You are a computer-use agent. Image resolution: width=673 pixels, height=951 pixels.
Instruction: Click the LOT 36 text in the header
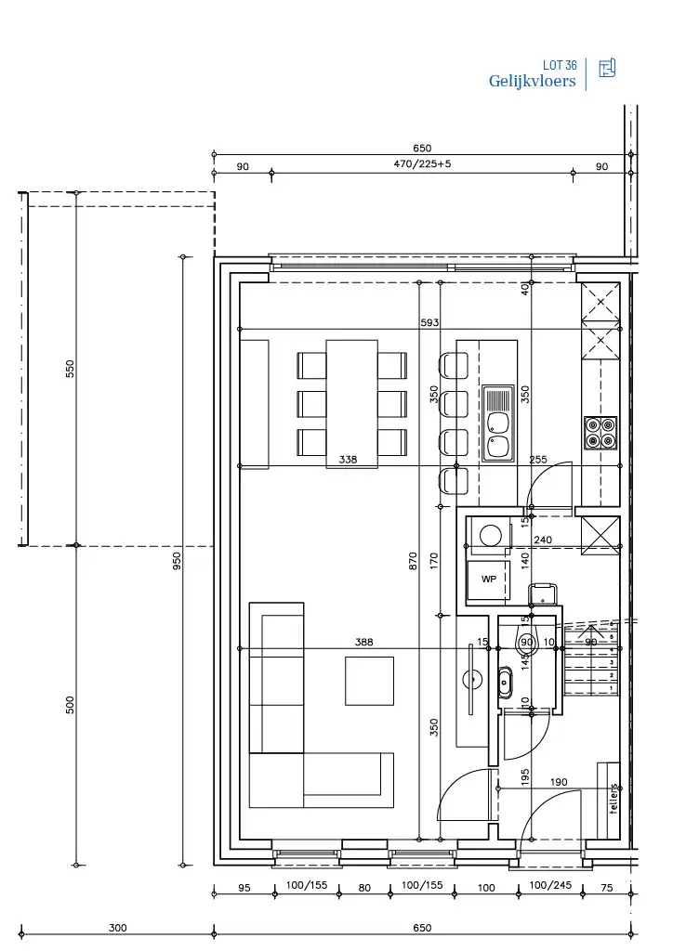(x=560, y=65)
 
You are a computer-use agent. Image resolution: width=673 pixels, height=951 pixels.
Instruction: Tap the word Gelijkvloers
(x=532, y=82)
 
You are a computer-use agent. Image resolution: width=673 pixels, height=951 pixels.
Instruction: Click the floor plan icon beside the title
(x=607, y=68)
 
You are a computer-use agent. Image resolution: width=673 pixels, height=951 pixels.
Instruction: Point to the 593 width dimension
(x=429, y=323)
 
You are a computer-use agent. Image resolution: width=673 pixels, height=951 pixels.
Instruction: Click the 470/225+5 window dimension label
(x=422, y=164)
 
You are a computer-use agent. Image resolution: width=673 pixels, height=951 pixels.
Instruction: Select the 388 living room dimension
(x=363, y=642)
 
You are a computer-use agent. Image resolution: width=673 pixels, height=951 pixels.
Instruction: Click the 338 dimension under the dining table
(x=348, y=460)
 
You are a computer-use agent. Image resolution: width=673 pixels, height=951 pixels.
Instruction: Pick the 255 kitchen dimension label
(x=538, y=460)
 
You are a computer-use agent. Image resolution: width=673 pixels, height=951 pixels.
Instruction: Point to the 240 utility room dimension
(x=543, y=540)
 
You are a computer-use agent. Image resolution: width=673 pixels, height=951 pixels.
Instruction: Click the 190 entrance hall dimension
(x=558, y=783)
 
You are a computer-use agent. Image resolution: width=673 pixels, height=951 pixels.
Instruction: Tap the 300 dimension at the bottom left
(x=117, y=928)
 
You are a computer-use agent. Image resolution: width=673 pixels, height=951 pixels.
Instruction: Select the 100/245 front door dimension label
(x=550, y=886)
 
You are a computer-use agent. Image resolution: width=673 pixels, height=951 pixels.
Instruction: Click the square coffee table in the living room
(x=369, y=681)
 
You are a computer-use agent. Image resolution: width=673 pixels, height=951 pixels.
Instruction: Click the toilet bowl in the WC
(x=525, y=640)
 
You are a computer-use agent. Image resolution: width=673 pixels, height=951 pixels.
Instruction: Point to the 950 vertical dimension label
(x=177, y=562)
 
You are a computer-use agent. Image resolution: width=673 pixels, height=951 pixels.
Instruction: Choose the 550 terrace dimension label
(x=70, y=369)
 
